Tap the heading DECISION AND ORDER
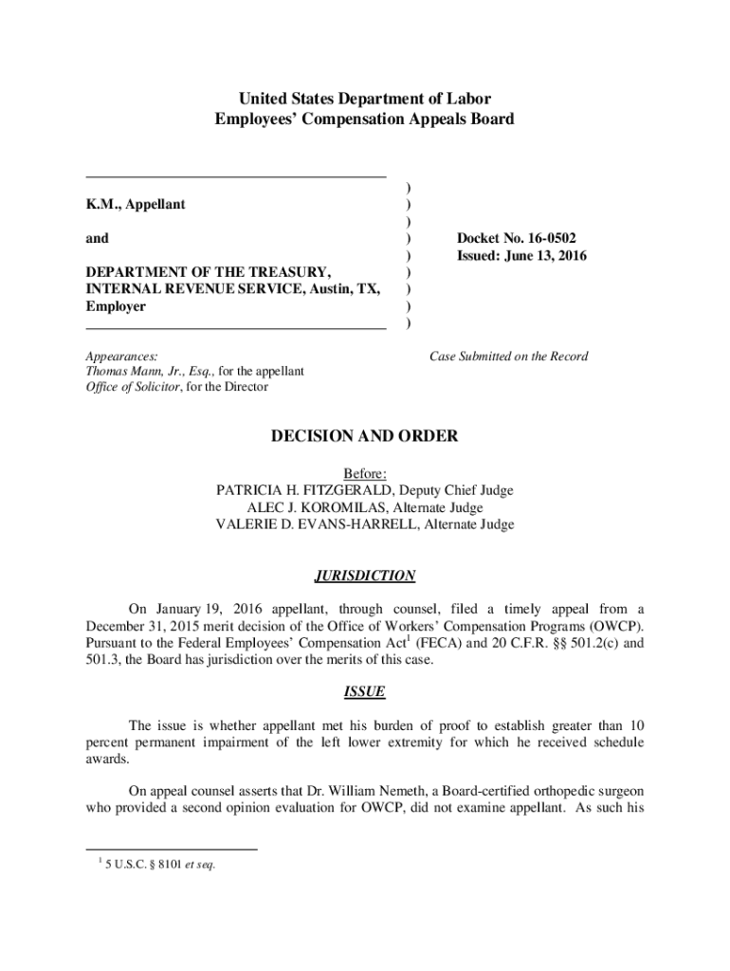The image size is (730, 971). [x=364, y=436]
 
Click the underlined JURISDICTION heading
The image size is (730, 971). [x=364, y=576]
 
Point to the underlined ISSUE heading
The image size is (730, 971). [x=364, y=692]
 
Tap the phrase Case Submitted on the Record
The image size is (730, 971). [x=508, y=357]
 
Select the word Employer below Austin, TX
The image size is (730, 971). [x=116, y=307]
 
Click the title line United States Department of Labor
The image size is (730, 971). [x=364, y=99]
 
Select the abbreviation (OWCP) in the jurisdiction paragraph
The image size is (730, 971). [x=617, y=627]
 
